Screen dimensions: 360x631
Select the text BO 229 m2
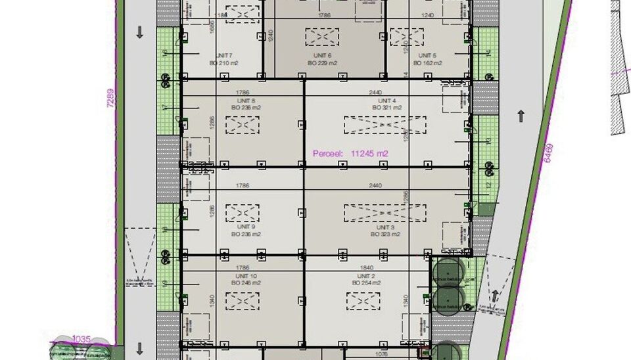click(322, 63)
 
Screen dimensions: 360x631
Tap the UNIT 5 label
click(427, 55)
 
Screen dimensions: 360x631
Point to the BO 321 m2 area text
click(386, 107)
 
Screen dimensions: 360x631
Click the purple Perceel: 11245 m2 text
click(350, 153)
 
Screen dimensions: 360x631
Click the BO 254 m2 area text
click(366, 282)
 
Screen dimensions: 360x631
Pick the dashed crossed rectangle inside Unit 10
click(243, 300)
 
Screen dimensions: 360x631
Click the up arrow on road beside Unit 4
click(521, 116)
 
